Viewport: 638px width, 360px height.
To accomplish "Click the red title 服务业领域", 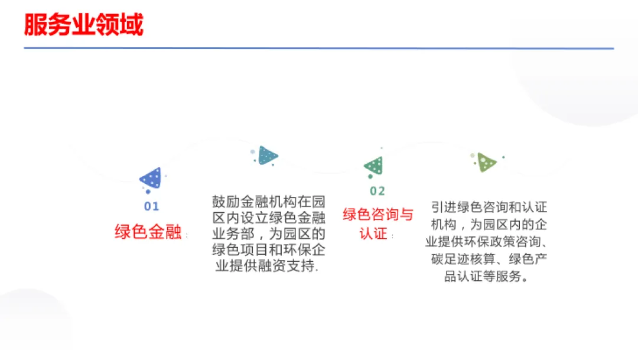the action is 83,26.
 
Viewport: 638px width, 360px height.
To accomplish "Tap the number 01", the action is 152,206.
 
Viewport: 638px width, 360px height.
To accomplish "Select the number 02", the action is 377,191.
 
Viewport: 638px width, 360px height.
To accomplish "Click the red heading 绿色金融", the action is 148,232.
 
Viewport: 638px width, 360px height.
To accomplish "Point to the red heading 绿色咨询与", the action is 378,215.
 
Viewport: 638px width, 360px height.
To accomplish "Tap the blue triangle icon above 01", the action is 151,177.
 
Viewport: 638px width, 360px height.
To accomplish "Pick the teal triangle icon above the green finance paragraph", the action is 268,155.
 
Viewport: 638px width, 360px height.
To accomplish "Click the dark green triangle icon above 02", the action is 374,166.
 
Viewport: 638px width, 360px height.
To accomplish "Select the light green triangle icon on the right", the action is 487,161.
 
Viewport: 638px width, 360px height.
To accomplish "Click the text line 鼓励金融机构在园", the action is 268,202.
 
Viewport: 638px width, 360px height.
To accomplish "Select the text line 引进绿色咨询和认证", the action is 489,207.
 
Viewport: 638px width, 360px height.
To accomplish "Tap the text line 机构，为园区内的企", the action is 489,225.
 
